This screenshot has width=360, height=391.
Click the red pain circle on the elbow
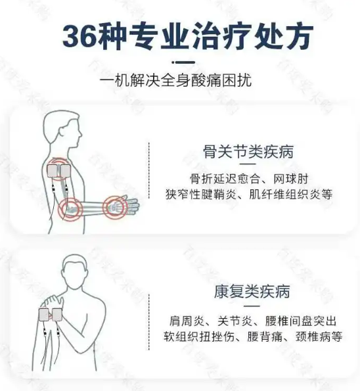coord(68,210)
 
